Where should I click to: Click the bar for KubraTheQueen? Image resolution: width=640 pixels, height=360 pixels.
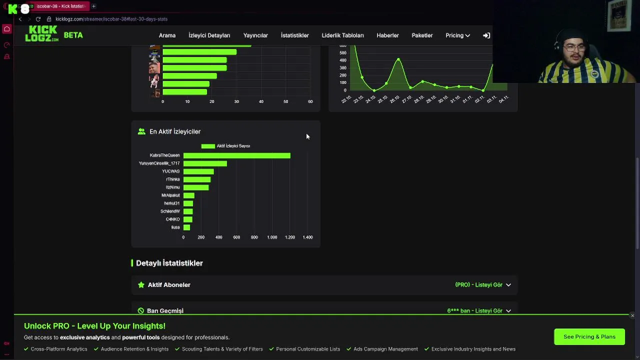click(236, 155)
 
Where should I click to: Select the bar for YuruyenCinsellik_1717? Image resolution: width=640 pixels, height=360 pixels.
click(205, 163)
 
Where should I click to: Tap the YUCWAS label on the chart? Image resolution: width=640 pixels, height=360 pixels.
click(170, 171)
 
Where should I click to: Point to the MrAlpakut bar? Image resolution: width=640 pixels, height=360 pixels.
click(189, 195)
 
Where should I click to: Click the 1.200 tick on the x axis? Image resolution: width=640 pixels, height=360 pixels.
click(289, 237)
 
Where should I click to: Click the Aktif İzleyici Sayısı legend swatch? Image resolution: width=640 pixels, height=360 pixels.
click(208, 146)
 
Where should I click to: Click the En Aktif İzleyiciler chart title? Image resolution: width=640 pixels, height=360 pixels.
click(174, 131)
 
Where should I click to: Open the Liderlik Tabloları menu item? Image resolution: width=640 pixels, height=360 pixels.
click(342, 35)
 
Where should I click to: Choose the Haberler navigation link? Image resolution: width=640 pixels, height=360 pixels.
click(387, 35)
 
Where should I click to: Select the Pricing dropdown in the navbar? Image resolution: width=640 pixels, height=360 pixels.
click(457, 35)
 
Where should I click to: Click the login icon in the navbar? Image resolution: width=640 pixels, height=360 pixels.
click(486, 35)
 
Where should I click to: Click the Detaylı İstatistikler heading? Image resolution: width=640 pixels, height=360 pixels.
click(169, 263)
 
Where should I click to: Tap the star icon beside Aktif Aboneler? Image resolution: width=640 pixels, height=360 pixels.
click(141, 285)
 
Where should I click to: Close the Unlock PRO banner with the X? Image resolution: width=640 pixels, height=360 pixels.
click(632, 315)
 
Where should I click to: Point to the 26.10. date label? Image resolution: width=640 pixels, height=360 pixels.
click(395, 99)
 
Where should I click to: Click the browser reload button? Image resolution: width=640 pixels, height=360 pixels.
click(38, 19)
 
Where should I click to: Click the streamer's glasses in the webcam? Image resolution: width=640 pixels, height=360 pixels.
click(571, 49)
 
